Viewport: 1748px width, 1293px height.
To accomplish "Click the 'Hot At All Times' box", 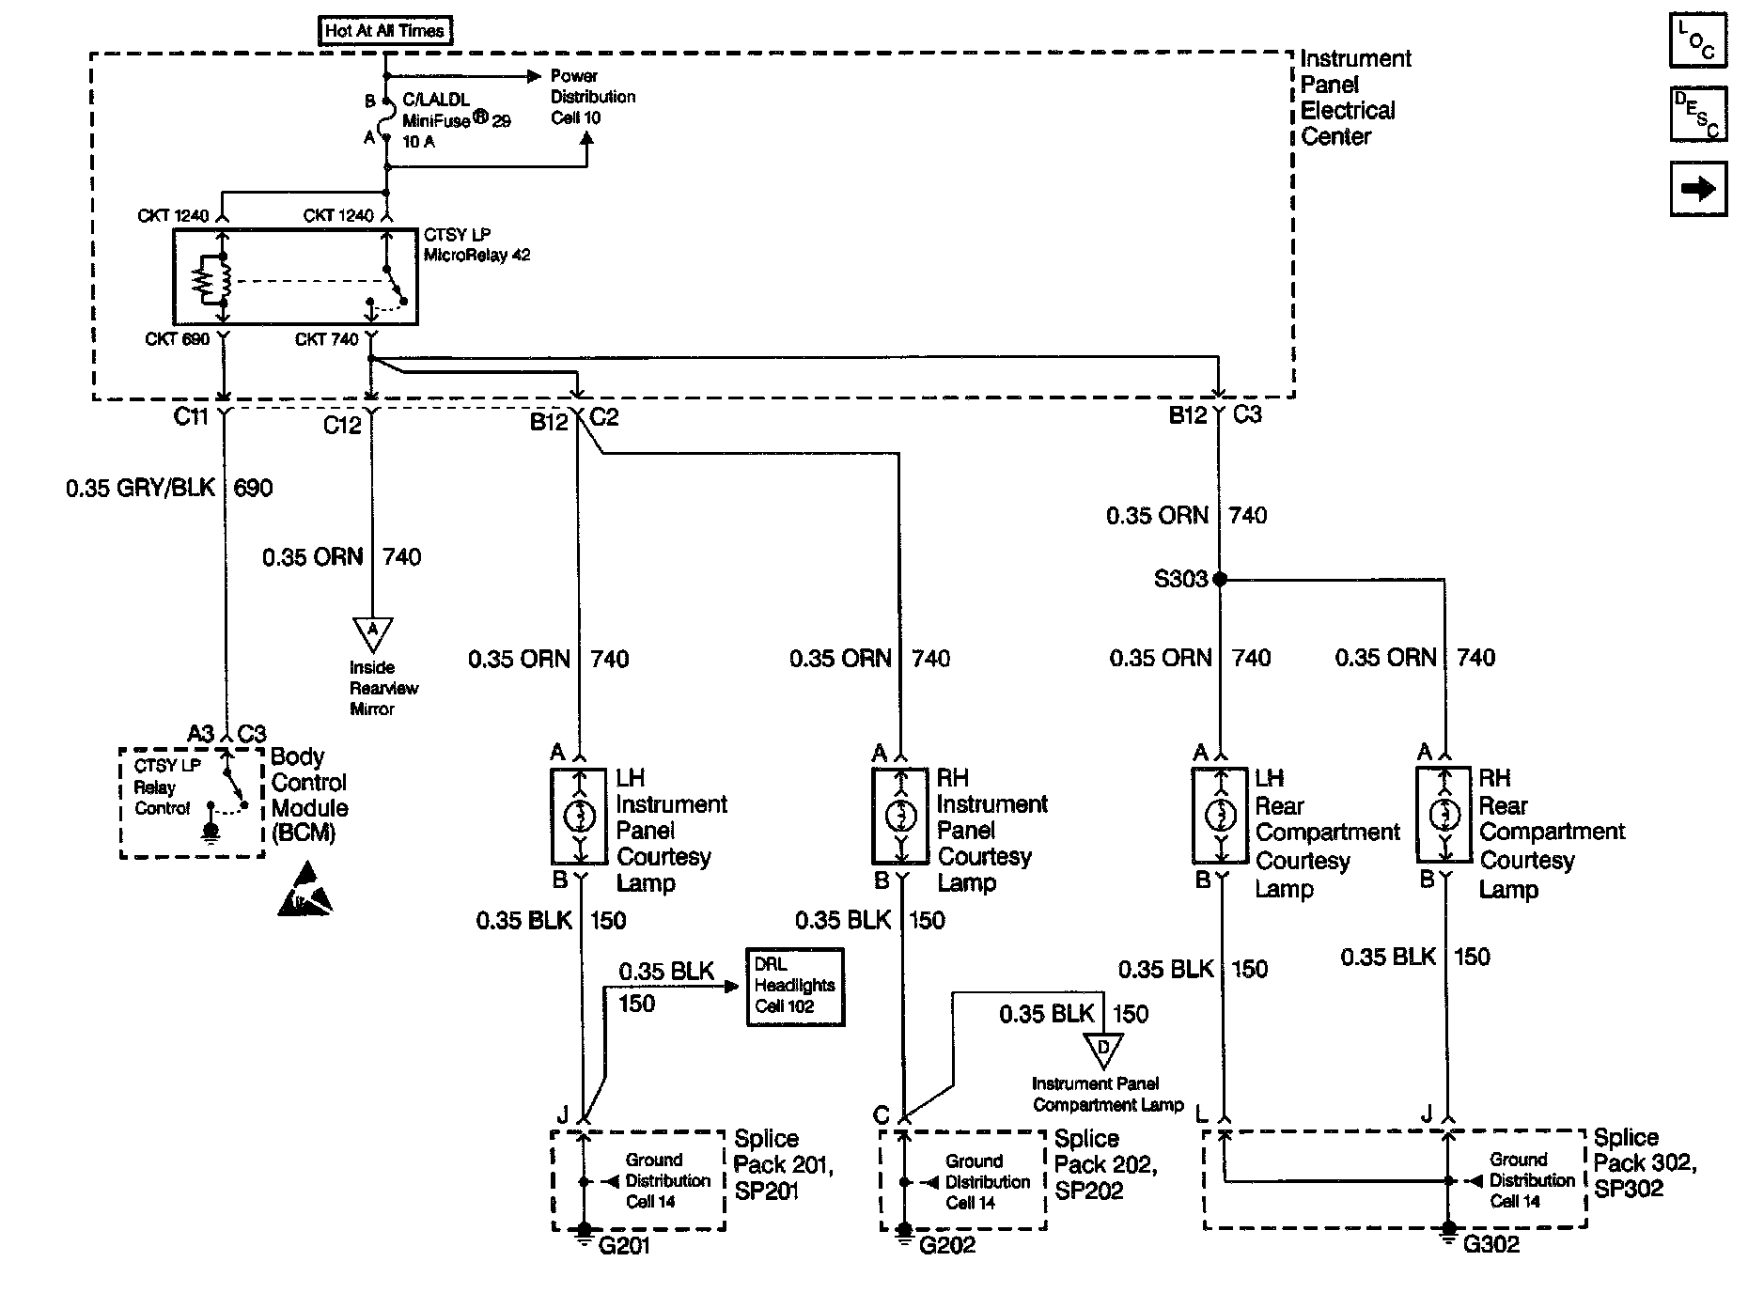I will tap(384, 30).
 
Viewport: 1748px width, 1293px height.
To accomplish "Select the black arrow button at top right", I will tap(1697, 189).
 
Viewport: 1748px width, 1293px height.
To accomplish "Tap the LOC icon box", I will tap(1697, 40).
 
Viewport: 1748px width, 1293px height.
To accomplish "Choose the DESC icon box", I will tap(1697, 115).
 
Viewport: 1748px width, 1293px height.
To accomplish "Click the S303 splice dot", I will tap(1220, 580).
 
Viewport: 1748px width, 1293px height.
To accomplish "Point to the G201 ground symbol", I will tap(584, 1232).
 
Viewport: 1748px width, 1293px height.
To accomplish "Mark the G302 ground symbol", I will tap(1448, 1231).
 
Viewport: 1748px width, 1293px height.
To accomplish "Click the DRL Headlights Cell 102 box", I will tap(795, 986).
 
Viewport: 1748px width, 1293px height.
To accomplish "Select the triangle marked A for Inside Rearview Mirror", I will tap(372, 632).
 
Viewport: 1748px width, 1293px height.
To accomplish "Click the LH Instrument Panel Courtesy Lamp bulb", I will tap(580, 817).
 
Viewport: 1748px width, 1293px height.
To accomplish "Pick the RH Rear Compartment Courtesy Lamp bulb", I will tap(1444, 816).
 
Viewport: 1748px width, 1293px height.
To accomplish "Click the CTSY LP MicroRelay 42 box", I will tap(295, 276).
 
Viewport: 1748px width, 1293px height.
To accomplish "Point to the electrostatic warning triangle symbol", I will tap(305, 892).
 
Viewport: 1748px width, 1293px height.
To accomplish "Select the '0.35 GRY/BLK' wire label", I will tap(141, 489).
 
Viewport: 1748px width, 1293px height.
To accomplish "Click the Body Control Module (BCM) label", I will tap(309, 795).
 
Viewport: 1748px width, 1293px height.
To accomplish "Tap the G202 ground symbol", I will tap(903, 1232).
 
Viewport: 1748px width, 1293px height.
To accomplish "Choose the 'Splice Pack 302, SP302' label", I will tap(1645, 1162).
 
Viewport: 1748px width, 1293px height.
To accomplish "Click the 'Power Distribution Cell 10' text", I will tap(592, 97).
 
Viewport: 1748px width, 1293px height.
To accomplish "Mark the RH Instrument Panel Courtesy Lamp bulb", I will tap(901, 816).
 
